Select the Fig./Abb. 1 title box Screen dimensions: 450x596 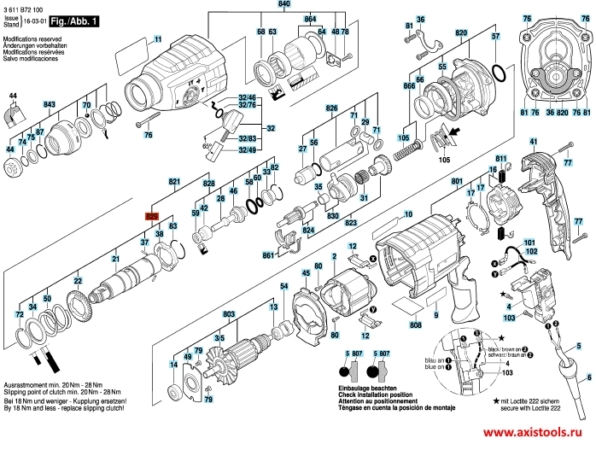73,19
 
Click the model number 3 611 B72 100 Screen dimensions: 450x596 26,6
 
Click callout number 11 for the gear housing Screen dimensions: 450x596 157,38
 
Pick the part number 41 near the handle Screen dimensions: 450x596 533,141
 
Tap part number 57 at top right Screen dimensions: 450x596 494,36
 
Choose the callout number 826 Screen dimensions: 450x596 332,108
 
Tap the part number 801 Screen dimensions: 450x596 457,181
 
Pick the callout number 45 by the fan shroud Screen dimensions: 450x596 305,272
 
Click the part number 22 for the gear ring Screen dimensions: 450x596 77,281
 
